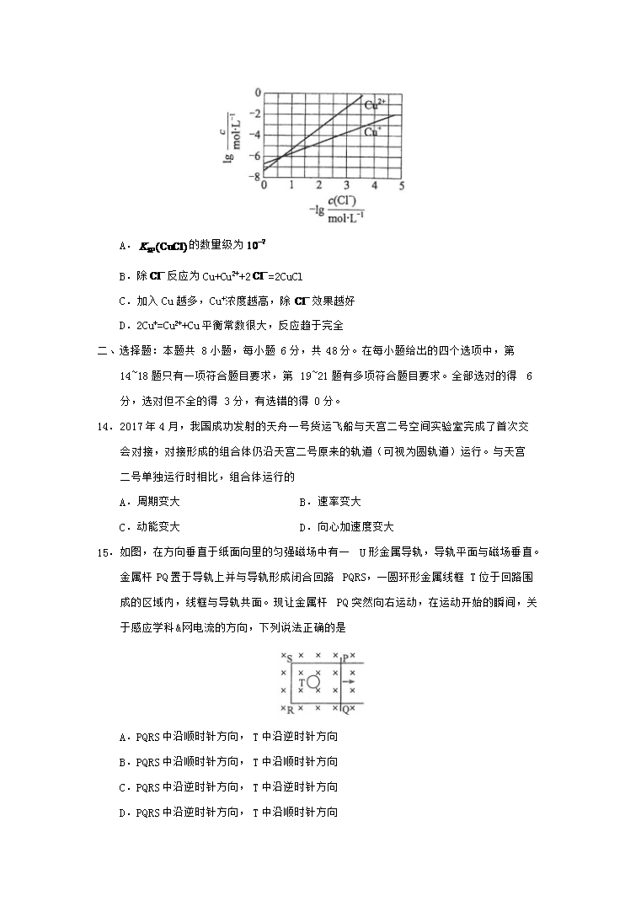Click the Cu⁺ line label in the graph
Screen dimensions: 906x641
[372, 131]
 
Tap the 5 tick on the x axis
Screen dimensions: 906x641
[401, 185]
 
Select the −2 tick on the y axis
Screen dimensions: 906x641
[256, 114]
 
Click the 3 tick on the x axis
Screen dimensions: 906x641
[346, 185]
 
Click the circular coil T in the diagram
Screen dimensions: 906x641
[312, 681]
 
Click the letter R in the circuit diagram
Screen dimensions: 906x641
[289, 710]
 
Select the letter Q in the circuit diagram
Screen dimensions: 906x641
[345, 710]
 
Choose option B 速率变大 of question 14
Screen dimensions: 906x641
[329, 502]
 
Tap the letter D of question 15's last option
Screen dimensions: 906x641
[123, 813]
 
